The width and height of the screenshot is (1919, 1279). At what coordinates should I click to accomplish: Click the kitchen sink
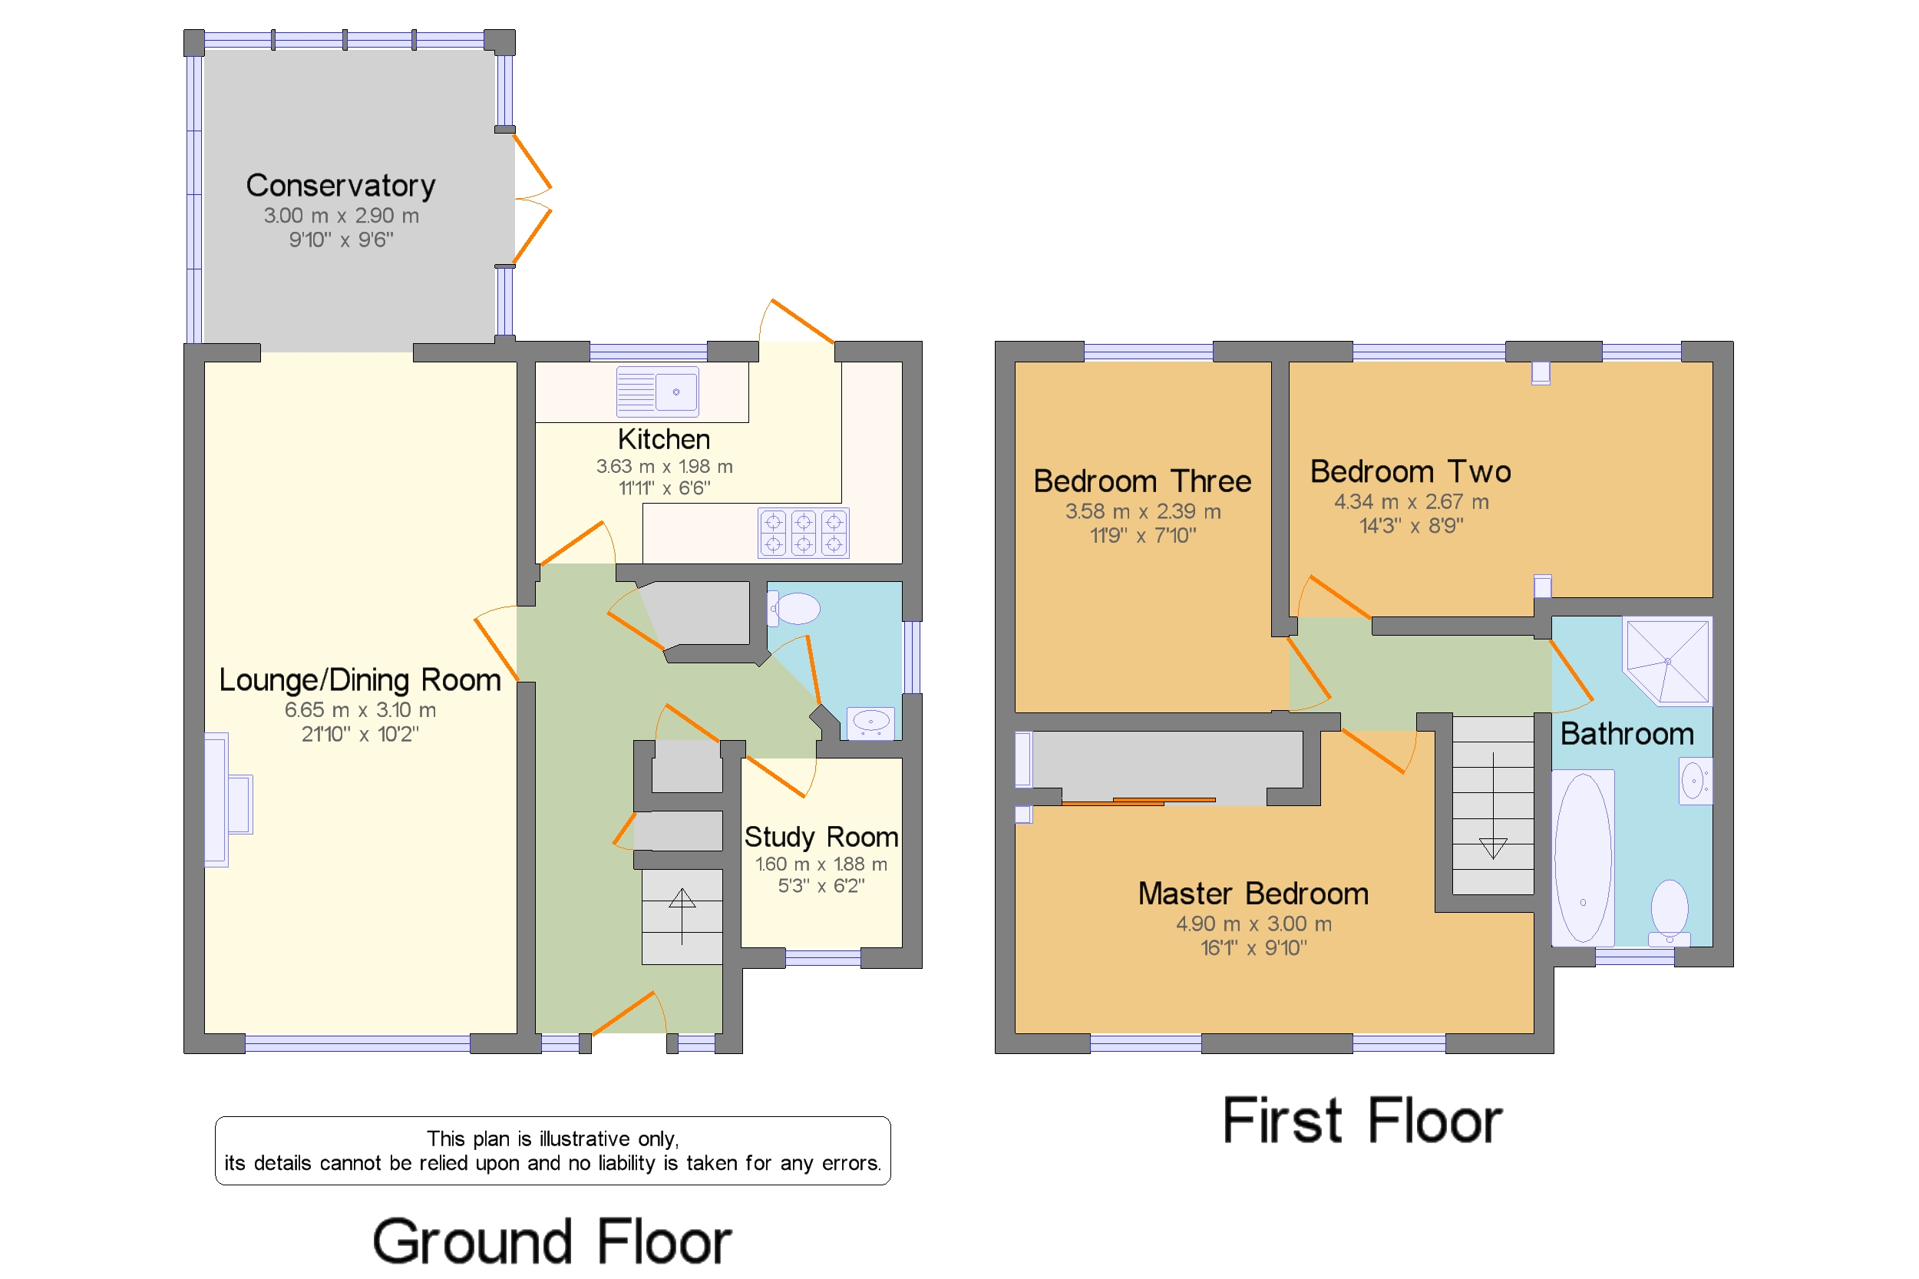(656, 392)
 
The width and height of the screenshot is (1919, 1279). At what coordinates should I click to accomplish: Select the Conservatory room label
(340, 186)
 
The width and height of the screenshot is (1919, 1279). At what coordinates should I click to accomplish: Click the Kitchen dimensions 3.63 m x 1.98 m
(664, 467)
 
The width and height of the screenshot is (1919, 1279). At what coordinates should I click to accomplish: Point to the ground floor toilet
(794, 609)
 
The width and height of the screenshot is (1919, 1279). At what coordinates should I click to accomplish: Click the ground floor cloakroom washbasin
(870, 722)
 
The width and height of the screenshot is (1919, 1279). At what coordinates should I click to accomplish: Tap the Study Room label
(821, 837)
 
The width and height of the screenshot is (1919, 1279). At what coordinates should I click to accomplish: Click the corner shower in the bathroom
(1666, 662)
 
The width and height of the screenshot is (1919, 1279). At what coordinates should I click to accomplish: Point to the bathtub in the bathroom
(1582, 858)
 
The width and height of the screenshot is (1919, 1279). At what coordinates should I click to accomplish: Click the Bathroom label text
(1627, 734)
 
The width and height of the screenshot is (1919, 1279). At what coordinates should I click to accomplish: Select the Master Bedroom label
(1253, 894)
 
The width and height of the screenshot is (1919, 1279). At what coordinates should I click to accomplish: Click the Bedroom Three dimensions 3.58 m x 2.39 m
(1143, 511)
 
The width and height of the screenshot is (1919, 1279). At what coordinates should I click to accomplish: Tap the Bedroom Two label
(1410, 471)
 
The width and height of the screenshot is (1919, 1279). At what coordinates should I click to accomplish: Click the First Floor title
(1362, 1121)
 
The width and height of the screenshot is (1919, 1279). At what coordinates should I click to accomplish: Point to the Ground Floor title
(552, 1241)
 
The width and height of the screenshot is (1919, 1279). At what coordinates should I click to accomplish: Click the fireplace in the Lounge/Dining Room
(228, 799)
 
